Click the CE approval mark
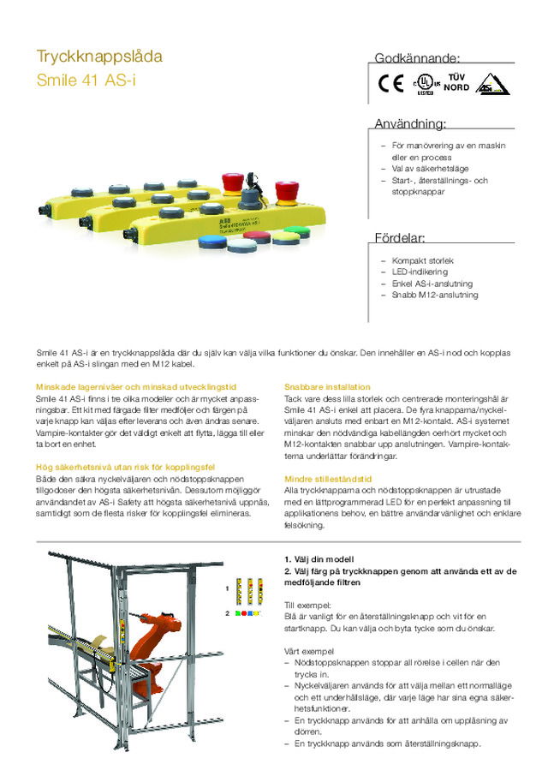pyautogui.click(x=390, y=84)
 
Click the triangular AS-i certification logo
pyautogui.click(x=492, y=85)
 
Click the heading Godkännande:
pyautogui.click(x=417, y=58)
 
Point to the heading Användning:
pyautogui.click(x=410, y=123)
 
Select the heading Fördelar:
pyautogui.click(x=400, y=237)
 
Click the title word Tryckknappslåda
pyautogui.click(x=99, y=57)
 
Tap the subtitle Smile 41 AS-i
pyautogui.click(x=86, y=81)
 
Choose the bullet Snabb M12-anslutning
pyautogui.click(x=434, y=295)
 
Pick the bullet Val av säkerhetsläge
pyautogui.click(x=431, y=169)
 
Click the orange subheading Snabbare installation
pyautogui.click(x=327, y=387)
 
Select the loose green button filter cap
pyautogui.click(x=297, y=231)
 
